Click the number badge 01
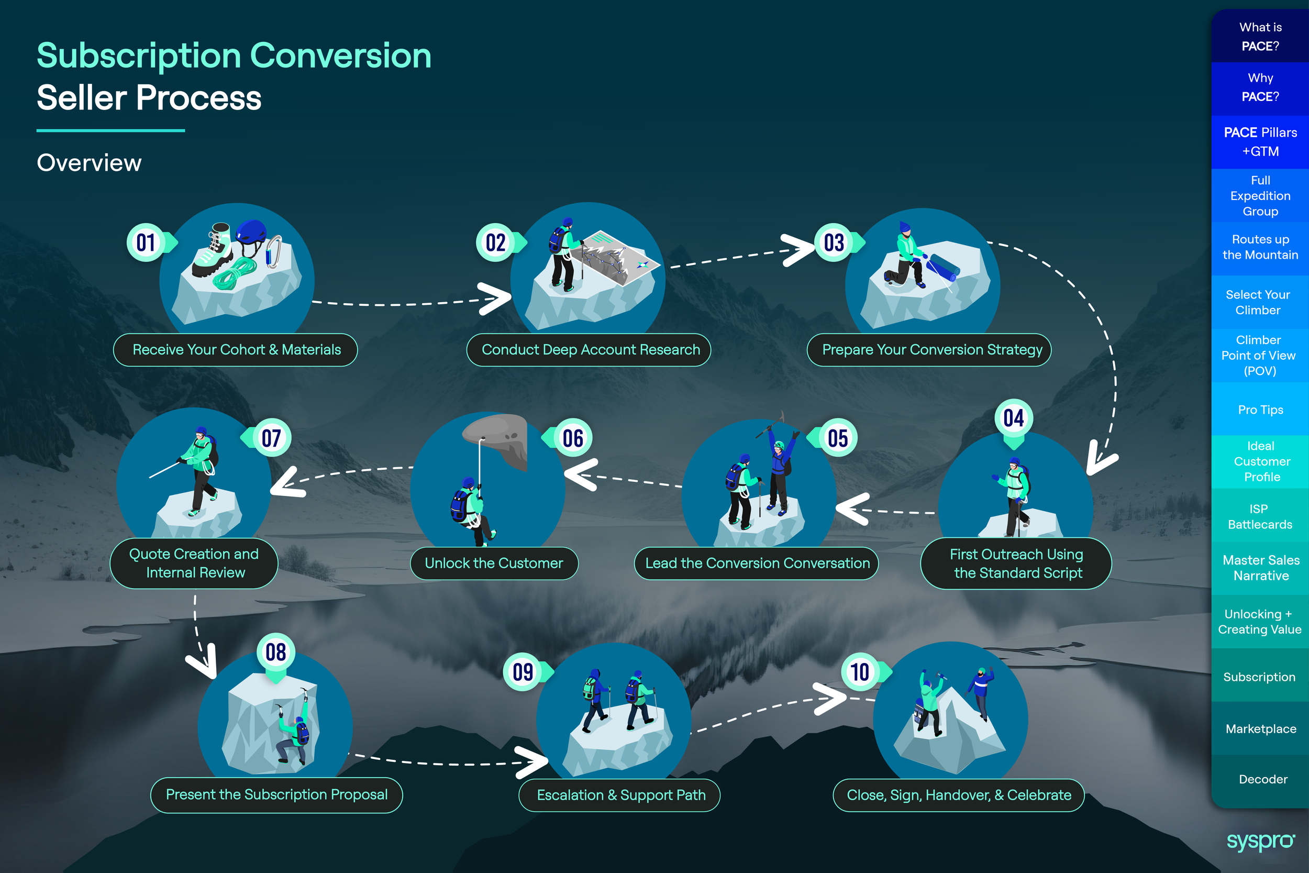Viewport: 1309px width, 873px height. click(146, 243)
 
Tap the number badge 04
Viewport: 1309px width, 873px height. click(1014, 418)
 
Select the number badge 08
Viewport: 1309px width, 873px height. click(275, 653)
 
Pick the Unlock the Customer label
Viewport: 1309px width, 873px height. click(494, 563)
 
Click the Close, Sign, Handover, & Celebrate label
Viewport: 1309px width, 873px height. click(958, 795)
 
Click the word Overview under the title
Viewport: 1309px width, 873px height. click(89, 163)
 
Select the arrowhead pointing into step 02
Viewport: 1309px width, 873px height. click(495, 299)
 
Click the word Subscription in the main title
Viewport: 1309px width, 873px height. click(139, 56)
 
